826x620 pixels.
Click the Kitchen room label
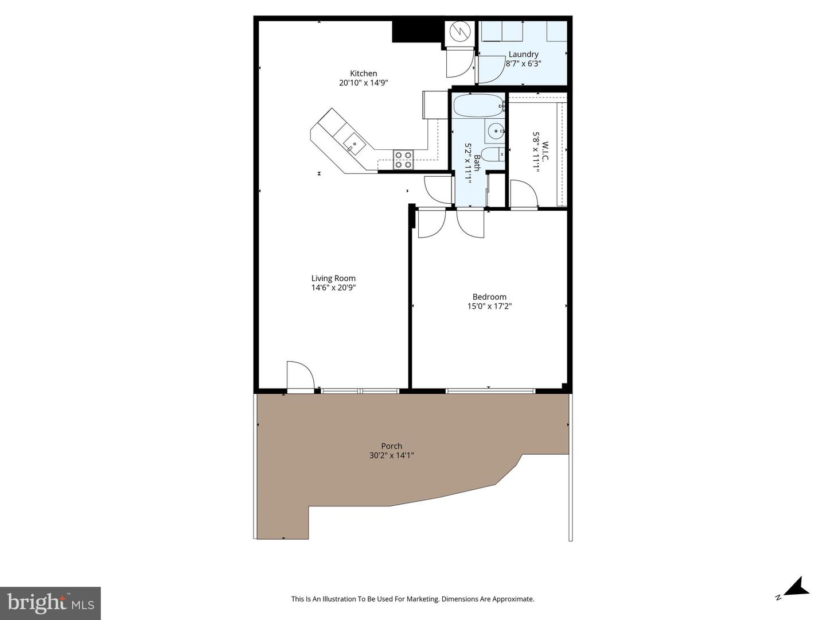[x=364, y=73]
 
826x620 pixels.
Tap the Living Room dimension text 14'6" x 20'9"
[x=333, y=288]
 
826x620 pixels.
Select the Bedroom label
[x=489, y=297]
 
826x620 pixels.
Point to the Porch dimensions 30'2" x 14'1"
[x=392, y=455]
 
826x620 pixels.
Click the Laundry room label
[x=523, y=55]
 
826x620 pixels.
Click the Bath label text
[x=476, y=162]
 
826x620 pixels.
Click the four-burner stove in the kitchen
[x=403, y=160]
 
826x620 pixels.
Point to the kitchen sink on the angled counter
[x=354, y=145]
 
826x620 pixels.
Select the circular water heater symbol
[x=459, y=32]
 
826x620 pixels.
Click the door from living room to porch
[x=300, y=376]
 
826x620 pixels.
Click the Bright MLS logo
[x=50, y=603]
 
